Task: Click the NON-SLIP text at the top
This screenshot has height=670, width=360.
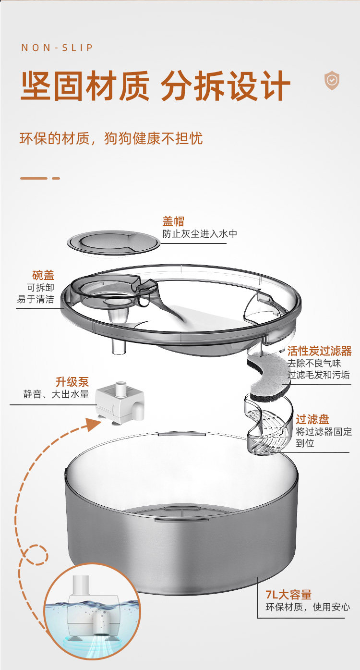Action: pyautogui.click(x=57, y=48)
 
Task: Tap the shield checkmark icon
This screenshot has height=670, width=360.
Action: pyautogui.click(x=332, y=80)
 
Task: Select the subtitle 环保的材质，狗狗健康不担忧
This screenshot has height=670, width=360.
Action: pyautogui.click(x=111, y=138)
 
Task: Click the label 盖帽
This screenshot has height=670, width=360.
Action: pyautogui.click(x=173, y=221)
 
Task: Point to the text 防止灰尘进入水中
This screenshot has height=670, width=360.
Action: pyautogui.click(x=200, y=234)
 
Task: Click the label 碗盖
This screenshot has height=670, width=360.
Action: pyautogui.click(x=43, y=275)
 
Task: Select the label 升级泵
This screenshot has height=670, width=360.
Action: pyautogui.click(x=72, y=382)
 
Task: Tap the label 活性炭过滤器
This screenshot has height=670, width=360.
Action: pyautogui.click(x=319, y=351)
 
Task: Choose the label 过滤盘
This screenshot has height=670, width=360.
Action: pyautogui.click(x=312, y=419)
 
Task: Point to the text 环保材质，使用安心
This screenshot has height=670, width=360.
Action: pyautogui.click(x=308, y=607)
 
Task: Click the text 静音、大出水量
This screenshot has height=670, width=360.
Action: pyautogui.click(x=56, y=394)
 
